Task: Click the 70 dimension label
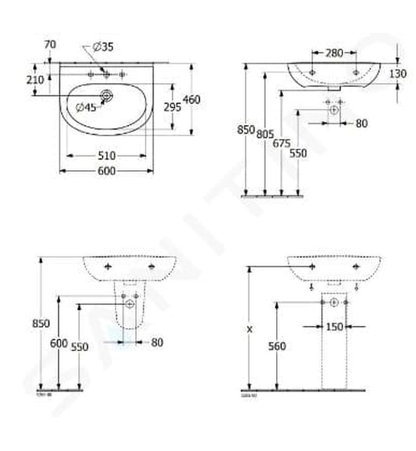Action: click(x=50, y=44)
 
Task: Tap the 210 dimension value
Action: click(x=36, y=80)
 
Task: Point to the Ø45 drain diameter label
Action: click(x=85, y=108)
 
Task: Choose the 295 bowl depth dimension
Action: click(x=172, y=108)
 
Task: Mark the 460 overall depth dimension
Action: click(x=192, y=99)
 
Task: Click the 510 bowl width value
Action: click(x=106, y=155)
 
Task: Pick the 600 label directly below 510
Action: click(x=106, y=171)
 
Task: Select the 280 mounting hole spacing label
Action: click(x=333, y=53)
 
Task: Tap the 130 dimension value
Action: click(x=398, y=74)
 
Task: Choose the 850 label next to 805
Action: click(x=246, y=130)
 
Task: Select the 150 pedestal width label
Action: click(x=334, y=327)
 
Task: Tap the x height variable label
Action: click(x=248, y=328)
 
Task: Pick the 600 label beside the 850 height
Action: click(x=59, y=343)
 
